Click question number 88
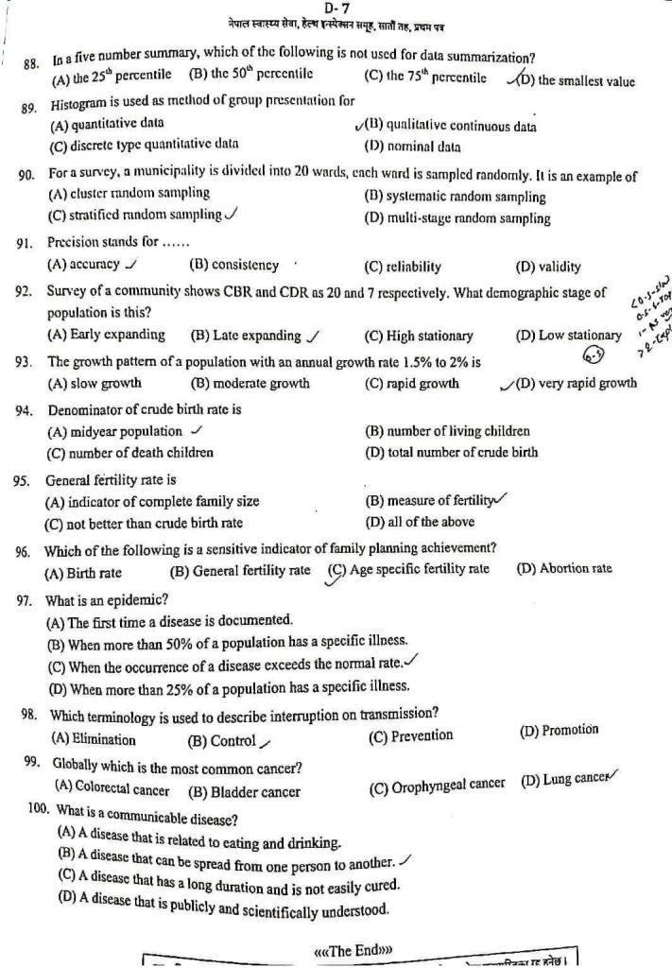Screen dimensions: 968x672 click(x=31, y=64)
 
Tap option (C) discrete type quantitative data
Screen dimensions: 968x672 click(x=143, y=145)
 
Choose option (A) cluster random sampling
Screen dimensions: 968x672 click(x=129, y=193)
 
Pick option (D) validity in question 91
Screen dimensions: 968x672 click(x=548, y=267)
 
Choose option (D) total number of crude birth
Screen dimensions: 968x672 click(x=451, y=452)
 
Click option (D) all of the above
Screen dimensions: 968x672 click(x=420, y=522)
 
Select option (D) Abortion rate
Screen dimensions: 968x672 click(x=564, y=568)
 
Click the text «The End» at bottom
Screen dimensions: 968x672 click(x=352, y=947)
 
